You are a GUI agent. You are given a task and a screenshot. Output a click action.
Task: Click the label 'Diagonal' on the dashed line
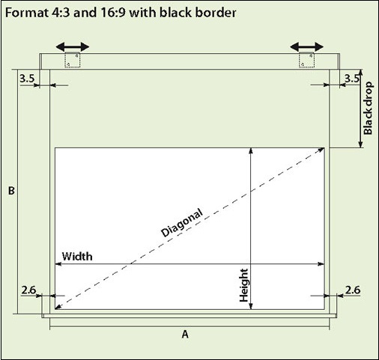181,222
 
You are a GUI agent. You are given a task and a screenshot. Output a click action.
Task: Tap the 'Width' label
77,257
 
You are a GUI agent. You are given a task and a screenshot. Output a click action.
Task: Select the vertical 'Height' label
243,285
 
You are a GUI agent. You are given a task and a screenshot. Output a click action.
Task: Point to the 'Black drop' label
369,109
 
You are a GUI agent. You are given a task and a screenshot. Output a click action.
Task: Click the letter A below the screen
185,334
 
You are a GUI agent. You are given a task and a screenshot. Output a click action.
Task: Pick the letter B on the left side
11,191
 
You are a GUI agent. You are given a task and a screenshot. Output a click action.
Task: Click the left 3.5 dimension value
27,79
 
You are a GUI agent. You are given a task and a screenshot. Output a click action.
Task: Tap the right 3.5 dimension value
352,79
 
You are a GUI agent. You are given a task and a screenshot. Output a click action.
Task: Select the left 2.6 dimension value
28,290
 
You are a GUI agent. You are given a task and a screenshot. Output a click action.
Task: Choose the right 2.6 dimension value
353,290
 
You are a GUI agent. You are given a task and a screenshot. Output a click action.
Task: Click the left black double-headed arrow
73,46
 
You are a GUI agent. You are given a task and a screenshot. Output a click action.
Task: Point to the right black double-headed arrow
307,46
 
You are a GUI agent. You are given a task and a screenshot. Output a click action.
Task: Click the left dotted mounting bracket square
73,60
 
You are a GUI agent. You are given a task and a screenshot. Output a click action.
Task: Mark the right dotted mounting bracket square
306,60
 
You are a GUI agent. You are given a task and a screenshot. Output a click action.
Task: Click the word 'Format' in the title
26,13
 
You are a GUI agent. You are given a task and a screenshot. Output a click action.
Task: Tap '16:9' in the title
113,13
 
